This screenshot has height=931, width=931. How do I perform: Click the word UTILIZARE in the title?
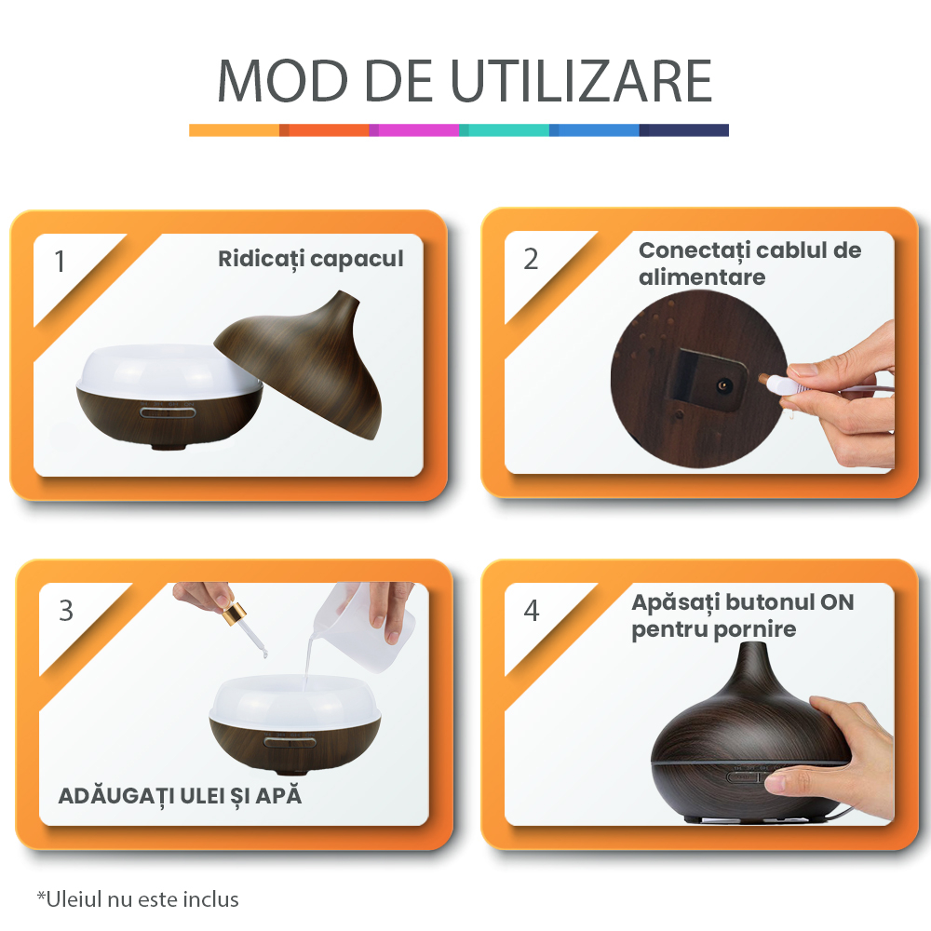(581, 81)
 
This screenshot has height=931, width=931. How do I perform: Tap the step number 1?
(60, 262)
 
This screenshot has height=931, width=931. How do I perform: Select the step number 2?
(531, 260)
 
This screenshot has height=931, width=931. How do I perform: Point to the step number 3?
(66, 611)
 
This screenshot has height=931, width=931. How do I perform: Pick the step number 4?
(532, 611)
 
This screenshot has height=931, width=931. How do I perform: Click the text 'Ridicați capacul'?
(311, 259)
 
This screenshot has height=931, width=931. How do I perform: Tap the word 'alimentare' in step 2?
(702, 277)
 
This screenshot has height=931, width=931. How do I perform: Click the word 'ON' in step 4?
(837, 602)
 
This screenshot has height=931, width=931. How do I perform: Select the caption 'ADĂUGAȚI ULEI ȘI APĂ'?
(180, 796)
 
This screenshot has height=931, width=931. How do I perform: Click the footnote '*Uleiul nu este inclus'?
(138, 899)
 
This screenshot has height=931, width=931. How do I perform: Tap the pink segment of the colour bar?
(414, 130)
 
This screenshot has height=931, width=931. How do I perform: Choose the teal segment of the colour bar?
(504, 130)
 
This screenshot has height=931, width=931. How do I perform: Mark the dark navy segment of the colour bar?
(684, 130)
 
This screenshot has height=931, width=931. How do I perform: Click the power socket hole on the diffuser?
(723, 386)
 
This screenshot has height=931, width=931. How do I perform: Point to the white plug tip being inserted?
(771, 383)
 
